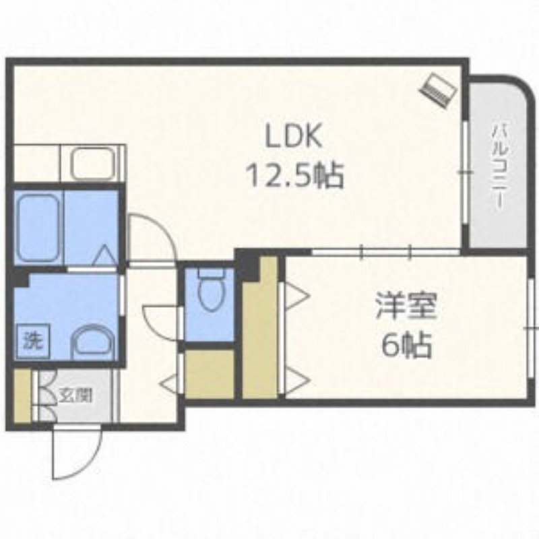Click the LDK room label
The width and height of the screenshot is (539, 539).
tap(294, 136)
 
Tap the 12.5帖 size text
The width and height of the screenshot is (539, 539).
tap(296, 175)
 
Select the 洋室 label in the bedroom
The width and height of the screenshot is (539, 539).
tap(406, 307)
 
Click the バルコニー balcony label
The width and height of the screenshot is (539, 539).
tap(499, 167)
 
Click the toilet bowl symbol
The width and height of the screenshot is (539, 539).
tap(211, 290)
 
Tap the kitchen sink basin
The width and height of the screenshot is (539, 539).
tap(92, 164)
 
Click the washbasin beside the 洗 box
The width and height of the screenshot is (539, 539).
tap(93, 342)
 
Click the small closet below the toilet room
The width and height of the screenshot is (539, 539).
tap(210, 374)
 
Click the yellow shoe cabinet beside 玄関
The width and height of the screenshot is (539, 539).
tap(22, 396)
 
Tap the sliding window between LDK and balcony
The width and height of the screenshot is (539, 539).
tap(465, 172)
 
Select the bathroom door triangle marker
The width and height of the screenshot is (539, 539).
tap(105, 256)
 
